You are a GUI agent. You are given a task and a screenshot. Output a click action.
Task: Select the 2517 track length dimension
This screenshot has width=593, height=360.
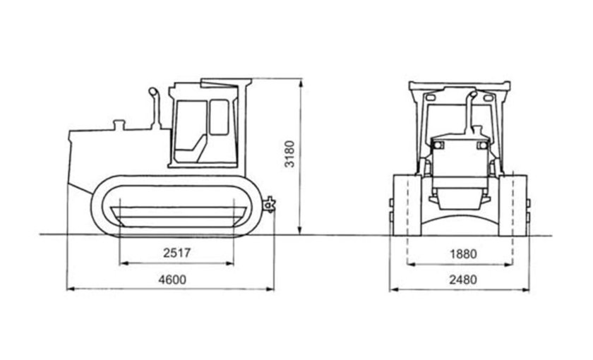tap(176, 252)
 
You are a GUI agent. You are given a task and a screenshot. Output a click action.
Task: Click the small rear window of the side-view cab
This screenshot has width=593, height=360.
tap(220, 116)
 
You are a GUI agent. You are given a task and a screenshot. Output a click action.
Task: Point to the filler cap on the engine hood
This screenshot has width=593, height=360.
tap(119, 125)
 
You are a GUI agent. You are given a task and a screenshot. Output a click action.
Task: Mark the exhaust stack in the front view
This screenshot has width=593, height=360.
tap(469, 109)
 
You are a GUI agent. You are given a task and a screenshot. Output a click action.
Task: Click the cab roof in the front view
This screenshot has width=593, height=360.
tap(460, 85)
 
